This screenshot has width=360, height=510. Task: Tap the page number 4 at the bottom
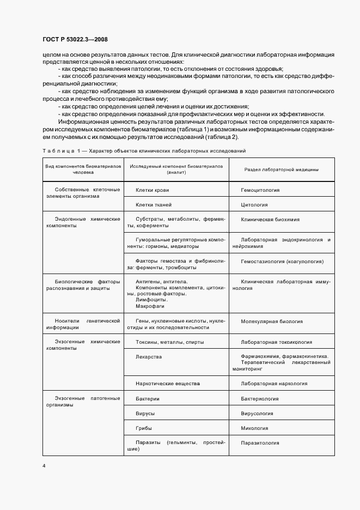pos(43,466)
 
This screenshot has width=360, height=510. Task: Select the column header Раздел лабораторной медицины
pos(281,169)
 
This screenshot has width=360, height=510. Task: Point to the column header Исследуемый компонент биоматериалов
pos(176,168)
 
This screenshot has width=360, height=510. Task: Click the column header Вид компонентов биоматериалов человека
pos(83,168)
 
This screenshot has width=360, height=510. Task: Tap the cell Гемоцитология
pos(260,190)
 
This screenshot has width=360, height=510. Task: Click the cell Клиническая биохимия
pos(270,219)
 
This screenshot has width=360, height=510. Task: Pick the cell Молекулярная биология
pos(271,321)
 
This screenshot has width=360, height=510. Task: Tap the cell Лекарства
pos(149,357)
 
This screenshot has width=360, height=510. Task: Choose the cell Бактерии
pos(148,399)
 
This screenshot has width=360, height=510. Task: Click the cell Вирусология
pos(260,414)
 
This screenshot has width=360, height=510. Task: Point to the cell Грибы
pos(144,428)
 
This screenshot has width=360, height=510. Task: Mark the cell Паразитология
pos(263,443)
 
